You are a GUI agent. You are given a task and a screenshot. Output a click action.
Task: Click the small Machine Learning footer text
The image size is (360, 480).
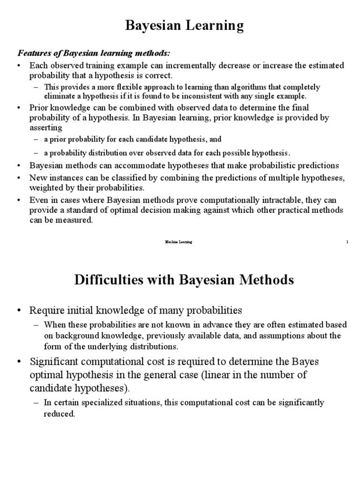(x=178, y=242)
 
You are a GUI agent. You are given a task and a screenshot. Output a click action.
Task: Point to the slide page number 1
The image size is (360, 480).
(x=347, y=242)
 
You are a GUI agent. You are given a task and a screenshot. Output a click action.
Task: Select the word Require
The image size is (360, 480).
(x=46, y=310)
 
